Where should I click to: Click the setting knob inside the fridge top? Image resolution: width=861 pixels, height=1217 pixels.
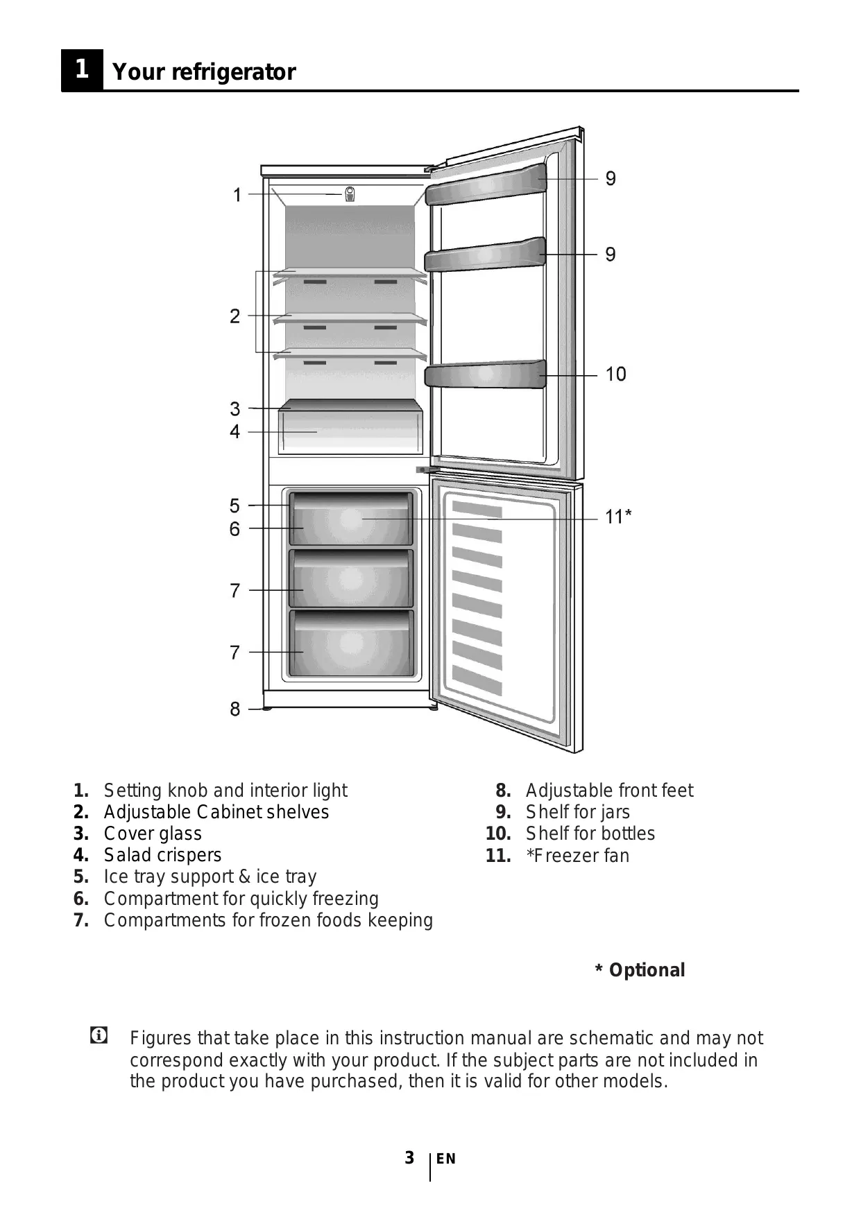[350, 194]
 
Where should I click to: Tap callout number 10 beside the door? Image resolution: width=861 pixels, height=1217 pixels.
[615, 374]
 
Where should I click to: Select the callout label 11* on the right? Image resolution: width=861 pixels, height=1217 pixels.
[617, 517]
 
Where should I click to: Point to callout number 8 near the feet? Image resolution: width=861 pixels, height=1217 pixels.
[235, 709]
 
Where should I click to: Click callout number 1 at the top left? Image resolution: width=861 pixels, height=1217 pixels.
[237, 196]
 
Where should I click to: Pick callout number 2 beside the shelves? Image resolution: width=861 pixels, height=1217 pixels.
[235, 316]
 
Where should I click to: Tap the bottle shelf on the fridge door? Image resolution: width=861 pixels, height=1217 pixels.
[485, 375]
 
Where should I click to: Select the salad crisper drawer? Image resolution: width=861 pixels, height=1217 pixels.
[350, 432]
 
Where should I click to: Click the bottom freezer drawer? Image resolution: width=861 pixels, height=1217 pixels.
[350, 644]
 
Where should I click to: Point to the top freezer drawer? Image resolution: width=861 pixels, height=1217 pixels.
[350, 519]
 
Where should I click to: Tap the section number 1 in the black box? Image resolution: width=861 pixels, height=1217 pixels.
[82, 69]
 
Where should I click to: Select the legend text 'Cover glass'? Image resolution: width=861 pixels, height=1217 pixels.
[153, 834]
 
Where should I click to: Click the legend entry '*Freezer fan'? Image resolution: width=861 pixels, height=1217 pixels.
[577, 856]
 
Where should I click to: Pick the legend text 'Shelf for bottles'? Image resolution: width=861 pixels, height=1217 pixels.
[590, 834]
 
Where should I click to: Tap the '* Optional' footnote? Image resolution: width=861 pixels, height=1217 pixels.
[640, 970]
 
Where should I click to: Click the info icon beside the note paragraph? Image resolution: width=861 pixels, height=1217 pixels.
[99, 1036]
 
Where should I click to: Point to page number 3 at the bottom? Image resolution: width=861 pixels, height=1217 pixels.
[409, 1157]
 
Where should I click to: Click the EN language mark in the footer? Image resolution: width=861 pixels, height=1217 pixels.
[446, 1159]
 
